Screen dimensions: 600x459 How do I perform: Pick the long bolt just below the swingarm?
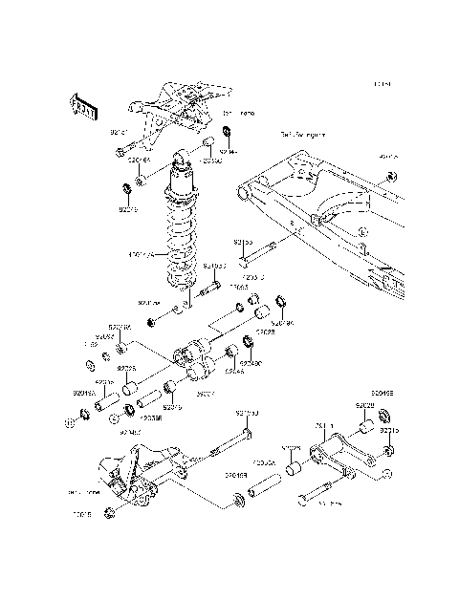point(259,253)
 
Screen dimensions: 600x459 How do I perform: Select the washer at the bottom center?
point(236,500)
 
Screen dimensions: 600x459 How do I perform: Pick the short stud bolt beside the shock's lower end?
point(212,284)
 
